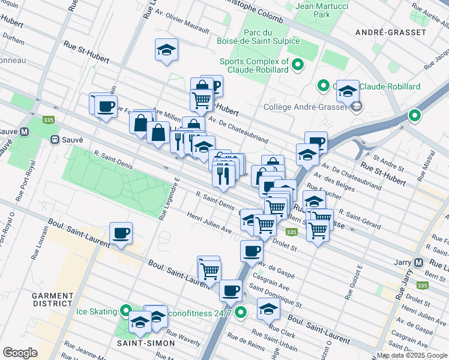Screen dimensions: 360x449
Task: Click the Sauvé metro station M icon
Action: (25, 131)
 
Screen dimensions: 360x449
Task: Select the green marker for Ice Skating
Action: (125, 311)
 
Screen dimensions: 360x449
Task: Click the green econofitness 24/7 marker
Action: (241, 312)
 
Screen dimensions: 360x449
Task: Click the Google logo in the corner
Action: (20, 352)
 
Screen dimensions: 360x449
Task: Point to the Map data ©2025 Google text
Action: (411, 355)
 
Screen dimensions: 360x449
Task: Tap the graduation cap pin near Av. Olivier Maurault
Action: (166, 49)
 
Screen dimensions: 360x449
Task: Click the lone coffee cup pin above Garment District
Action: (121, 233)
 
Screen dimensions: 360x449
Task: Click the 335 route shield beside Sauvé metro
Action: (49, 120)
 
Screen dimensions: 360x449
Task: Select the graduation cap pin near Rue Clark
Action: (268, 309)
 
